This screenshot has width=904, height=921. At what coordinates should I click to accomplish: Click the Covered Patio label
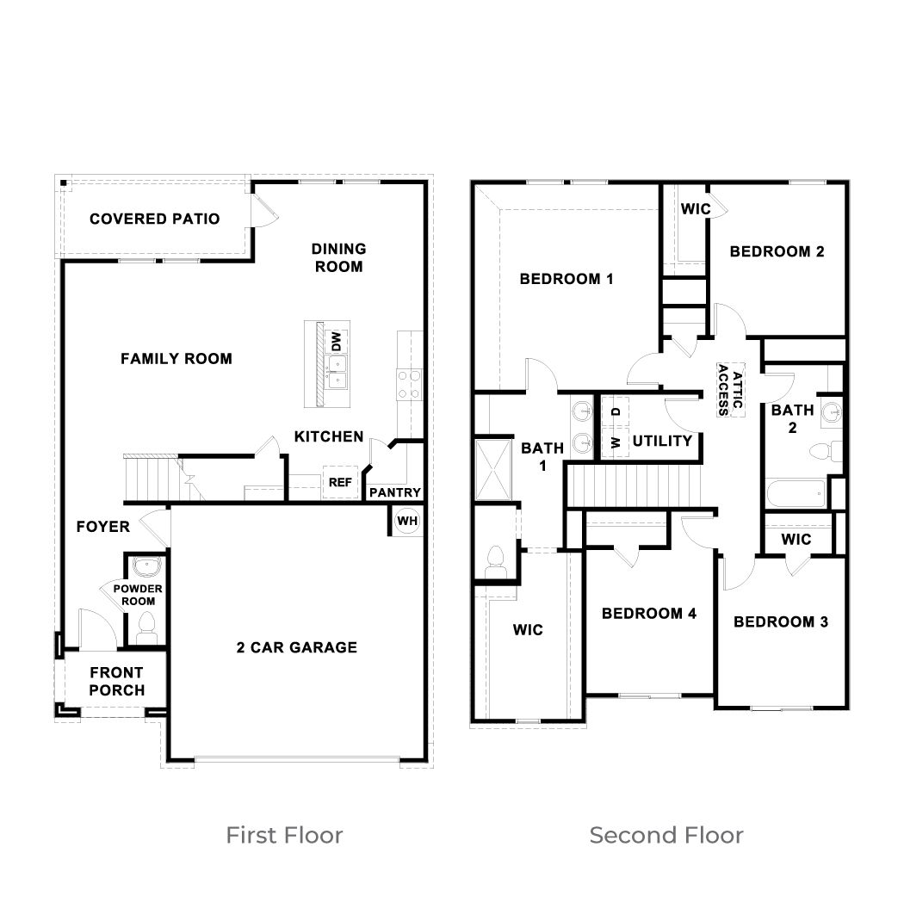tap(155, 219)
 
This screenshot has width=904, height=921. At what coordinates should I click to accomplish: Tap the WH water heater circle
tap(406, 521)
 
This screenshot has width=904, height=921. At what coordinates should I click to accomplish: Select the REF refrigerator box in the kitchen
tap(339, 483)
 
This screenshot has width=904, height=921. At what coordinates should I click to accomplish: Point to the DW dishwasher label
tap(337, 339)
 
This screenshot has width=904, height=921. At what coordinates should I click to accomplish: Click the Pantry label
tap(395, 493)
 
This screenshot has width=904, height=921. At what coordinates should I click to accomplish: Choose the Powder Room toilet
tap(146, 626)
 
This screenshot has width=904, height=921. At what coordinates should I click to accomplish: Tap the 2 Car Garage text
tap(296, 647)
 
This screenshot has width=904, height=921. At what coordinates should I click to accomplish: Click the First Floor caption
tap(284, 835)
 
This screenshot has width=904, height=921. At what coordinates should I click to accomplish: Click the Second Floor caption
tap(666, 835)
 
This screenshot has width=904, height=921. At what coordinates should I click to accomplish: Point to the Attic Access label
tap(723, 390)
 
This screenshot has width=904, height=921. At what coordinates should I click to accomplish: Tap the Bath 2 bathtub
tap(796, 495)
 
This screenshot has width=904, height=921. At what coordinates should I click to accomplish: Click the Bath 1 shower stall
tap(492, 468)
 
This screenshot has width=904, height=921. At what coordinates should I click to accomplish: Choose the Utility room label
tap(662, 442)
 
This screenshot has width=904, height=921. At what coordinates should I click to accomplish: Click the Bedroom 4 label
tap(648, 614)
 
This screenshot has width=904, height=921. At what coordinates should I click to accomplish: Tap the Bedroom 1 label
tap(566, 279)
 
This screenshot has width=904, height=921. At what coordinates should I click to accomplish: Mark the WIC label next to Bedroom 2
tap(695, 209)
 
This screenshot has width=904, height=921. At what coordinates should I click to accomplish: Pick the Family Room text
tap(176, 359)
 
